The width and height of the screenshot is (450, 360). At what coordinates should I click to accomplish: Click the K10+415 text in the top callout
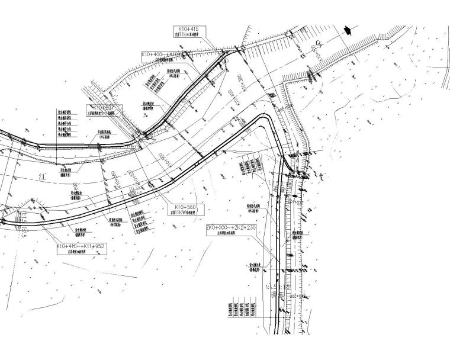[x=188, y=29]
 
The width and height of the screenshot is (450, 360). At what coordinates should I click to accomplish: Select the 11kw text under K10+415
[x=188, y=35]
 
